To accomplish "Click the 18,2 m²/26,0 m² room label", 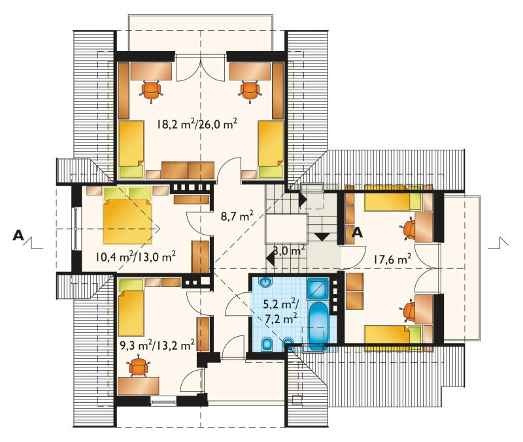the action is (x=197, y=124).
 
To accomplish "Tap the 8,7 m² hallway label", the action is (x=237, y=216).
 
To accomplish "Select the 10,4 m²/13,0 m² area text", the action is (x=135, y=256).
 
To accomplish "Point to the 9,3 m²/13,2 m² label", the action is (x=157, y=345).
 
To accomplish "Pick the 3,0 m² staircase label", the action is (x=289, y=250).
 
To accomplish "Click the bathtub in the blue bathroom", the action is (x=318, y=326).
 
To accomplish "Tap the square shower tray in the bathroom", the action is (x=318, y=288).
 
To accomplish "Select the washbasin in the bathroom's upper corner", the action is (x=265, y=282).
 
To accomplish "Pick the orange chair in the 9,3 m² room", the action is (x=139, y=367).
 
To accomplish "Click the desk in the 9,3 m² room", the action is (x=139, y=386).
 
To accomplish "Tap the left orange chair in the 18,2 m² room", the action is (x=151, y=90).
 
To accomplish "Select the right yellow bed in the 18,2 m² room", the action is (x=271, y=149).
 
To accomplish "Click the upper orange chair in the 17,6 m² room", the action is (x=408, y=230).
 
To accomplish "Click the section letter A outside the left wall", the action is (x=18, y=235).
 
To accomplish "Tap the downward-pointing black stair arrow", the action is (x=322, y=237).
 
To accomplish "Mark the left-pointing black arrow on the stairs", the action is (x=271, y=258).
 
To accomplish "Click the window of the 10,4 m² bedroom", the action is (x=76, y=228).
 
